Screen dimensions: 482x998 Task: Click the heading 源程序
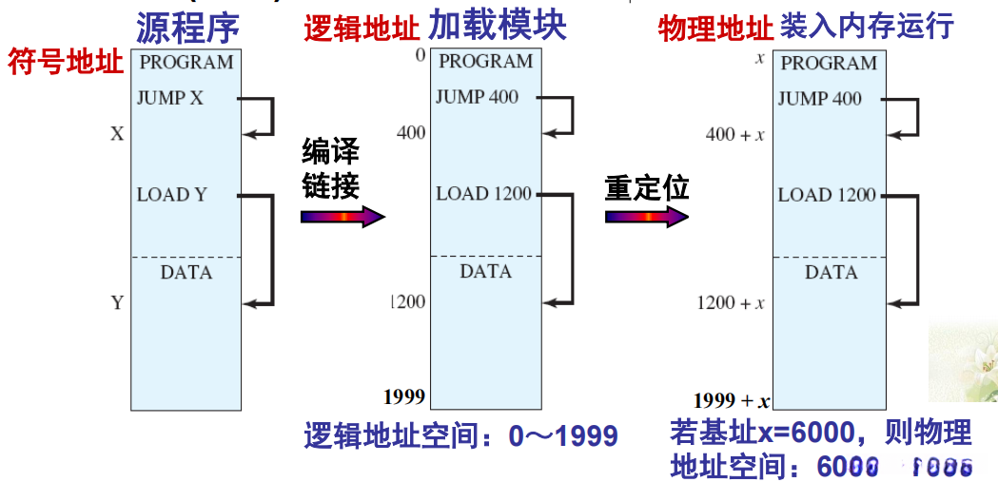click(x=187, y=26)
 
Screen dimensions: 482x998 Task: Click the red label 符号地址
click(x=66, y=63)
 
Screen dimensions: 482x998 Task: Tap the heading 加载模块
click(x=497, y=26)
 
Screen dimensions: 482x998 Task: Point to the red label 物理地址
click(x=715, y=29)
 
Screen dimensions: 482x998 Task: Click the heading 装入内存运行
click(x=866, y=26)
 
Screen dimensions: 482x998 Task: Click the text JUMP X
click(x=170, y=98)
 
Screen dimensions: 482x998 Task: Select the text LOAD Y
click(x=172, y=195)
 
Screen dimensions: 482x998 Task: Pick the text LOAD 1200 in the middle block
click(x=484, y=194)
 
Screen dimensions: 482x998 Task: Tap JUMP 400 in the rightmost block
click(x=819, y=98)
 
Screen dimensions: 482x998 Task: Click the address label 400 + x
click(x=734, y=135)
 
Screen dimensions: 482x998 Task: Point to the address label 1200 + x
click(x=730, y=303)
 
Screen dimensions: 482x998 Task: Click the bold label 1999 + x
click(x=732, y=400)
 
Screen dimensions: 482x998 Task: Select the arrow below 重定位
click(x=646, y=217)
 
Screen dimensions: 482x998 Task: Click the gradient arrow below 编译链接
click(x=342, y=217)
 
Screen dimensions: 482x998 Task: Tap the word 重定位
click(x=646, y=187)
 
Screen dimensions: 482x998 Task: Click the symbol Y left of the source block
click(x=117, y=303)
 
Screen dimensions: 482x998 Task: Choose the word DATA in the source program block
click(x=186, y=273)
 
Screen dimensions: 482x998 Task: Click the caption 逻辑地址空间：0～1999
click(x=461, y=436)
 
